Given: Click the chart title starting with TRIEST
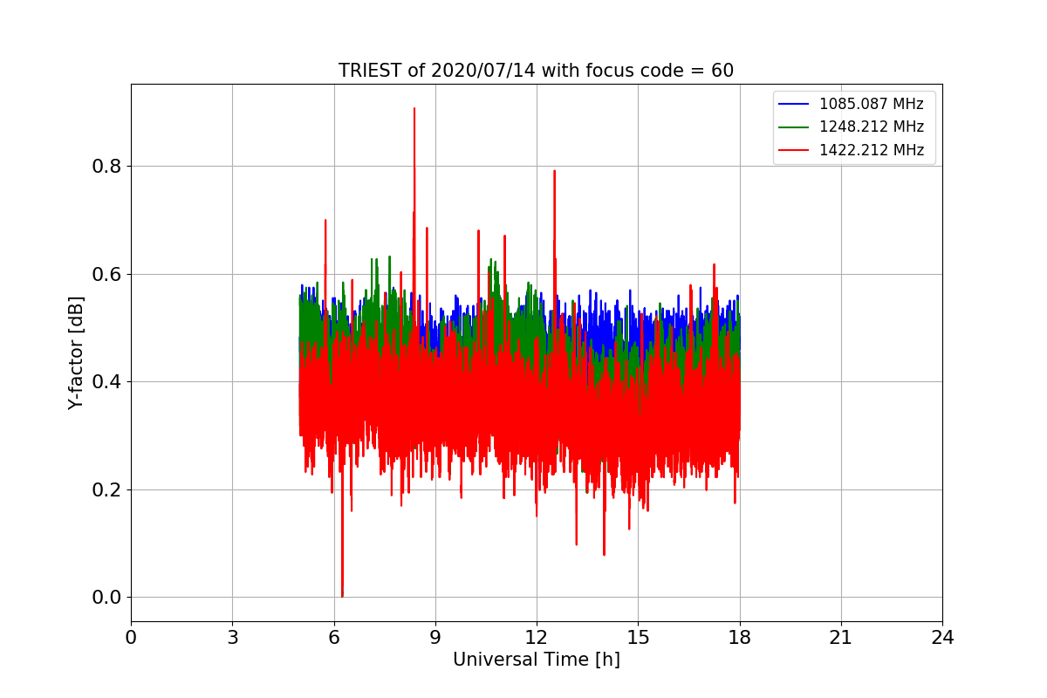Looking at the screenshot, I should [536, 71].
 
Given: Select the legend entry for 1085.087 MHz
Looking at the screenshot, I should [871, 104].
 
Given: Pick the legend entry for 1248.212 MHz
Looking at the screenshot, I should [871, 127].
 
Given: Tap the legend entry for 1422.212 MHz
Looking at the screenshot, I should [871, 150].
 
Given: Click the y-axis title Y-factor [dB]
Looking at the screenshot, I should [77, 353].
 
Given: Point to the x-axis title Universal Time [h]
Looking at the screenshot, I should [536, 660].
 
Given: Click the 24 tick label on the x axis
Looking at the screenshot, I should [942, 638].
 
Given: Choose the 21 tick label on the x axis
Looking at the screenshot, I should [841, 638].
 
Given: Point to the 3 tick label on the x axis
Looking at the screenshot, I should [232, 638].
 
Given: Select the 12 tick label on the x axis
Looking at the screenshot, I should [537, 638].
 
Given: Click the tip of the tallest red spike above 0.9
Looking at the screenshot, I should [414, 108].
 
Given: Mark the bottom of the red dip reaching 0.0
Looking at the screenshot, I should [342, 596].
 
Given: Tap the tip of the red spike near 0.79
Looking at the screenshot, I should [554, 171].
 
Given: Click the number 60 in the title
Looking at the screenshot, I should [722, 71].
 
